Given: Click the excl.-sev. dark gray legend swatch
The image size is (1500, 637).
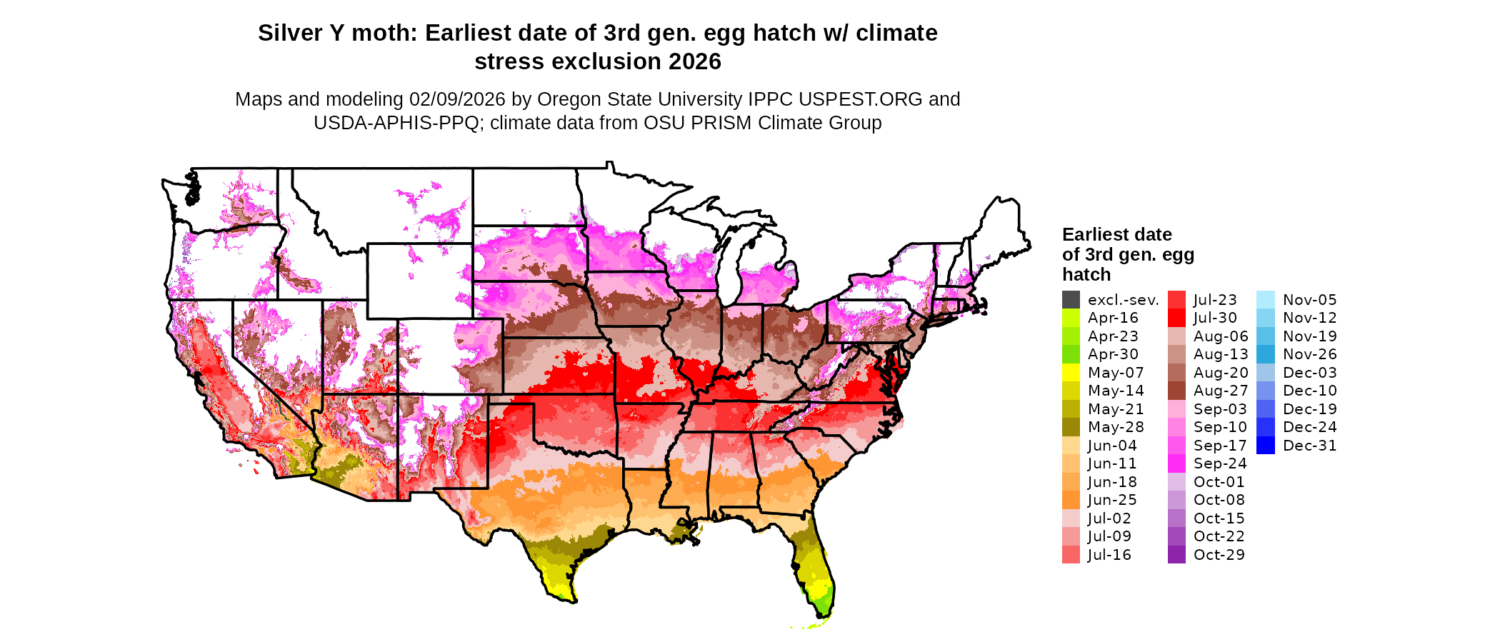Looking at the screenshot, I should pos(1071,300).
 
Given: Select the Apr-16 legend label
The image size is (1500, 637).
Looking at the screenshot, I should pos(1113,318).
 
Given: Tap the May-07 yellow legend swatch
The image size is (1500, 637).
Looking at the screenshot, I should pos(1071,373).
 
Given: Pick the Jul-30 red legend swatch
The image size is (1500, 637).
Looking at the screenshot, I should pos(1176,318).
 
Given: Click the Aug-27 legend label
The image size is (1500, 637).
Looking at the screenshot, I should pos(1221,391).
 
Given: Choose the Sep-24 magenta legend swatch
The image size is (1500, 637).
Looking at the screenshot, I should pos(1176,463).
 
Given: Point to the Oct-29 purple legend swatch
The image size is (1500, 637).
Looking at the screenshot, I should pos(1176,555).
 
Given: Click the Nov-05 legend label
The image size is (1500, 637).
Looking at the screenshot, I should pos(1309,300).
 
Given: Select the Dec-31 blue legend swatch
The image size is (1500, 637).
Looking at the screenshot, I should pos(1265,446).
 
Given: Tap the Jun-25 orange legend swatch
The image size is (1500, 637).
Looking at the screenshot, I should pos(1071,500).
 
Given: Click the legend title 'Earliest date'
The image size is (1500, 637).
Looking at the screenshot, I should pos(1116,235).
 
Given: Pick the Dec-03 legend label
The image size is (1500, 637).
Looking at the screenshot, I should pos(1309,373).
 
